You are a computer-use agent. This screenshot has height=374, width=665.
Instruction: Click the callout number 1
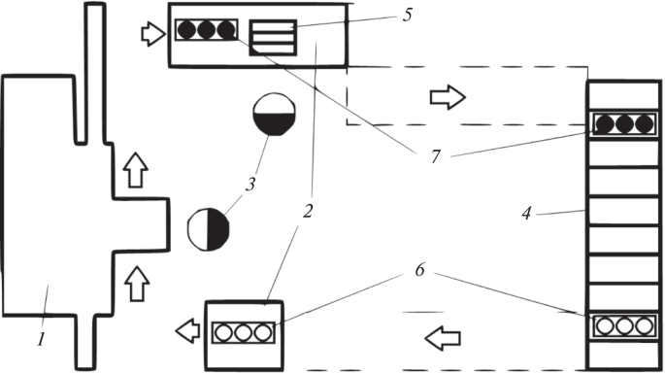tap(41, 339)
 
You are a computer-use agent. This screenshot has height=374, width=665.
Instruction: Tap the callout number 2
tap(308, 211)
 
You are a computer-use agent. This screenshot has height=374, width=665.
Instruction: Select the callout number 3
tap(250, 185)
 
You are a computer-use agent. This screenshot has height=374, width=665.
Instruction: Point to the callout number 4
tap(526, 213)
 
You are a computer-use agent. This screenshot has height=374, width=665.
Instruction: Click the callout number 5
tap(407, 15)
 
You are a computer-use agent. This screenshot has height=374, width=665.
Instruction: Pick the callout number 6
tap(419, 270)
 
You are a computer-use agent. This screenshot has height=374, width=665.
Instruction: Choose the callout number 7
tap(436, 157)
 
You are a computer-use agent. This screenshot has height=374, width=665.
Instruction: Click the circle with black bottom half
tap(274, 115)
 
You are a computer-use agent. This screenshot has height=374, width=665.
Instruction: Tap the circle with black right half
tap(208, 229)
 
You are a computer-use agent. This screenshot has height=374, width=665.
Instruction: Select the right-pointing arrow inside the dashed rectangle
tap(448, 97)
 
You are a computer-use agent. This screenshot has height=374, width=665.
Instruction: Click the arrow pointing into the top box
tap(153, 34)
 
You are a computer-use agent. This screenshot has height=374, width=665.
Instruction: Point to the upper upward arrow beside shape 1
tap(135, 170)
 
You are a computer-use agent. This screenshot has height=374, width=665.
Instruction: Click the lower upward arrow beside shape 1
tap(137, 284)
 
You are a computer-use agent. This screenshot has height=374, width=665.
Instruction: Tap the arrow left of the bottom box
tap(187, 331)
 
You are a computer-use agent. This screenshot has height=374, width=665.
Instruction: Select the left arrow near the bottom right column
tap(443, 338)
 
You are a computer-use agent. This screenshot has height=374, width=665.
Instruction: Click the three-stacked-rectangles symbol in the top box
tap(273, 37)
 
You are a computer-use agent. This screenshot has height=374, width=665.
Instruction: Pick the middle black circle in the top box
tap(206, 30)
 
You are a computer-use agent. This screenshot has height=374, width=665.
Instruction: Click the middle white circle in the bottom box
tap(243, 333)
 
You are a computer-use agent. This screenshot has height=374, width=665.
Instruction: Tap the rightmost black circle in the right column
tap(645, 124)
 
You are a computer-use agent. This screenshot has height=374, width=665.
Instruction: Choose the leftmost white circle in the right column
tap(605, 326)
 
